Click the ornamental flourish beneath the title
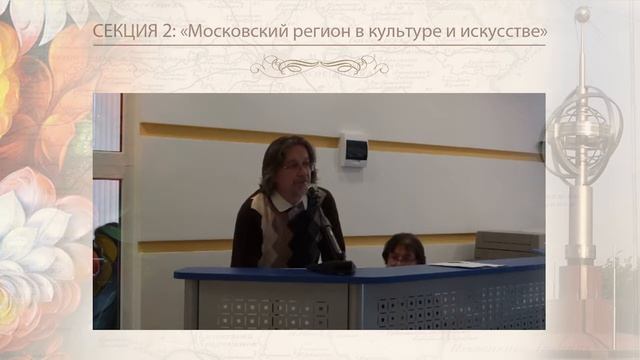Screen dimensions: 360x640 [x=319, y=65]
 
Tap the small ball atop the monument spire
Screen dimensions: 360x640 [x=583, y=14]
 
